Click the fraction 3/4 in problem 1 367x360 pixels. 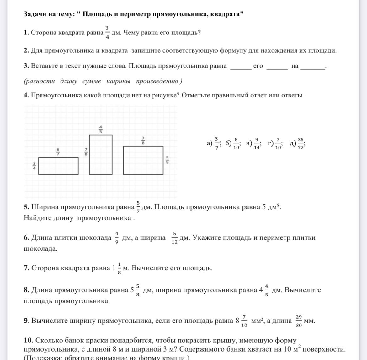point(107,33)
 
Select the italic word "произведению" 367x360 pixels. point(157,81)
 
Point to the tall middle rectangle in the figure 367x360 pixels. point(101,154)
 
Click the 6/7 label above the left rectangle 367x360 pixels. point(58,152)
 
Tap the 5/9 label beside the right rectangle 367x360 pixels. point(167,160)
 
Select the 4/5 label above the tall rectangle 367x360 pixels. point(101,129)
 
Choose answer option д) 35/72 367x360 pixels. point(297,143)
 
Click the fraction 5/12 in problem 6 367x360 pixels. point(175,238)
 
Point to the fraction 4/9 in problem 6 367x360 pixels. point(117,238)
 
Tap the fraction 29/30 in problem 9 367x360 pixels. point(299,321)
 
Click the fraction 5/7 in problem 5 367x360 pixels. point(138,207)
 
